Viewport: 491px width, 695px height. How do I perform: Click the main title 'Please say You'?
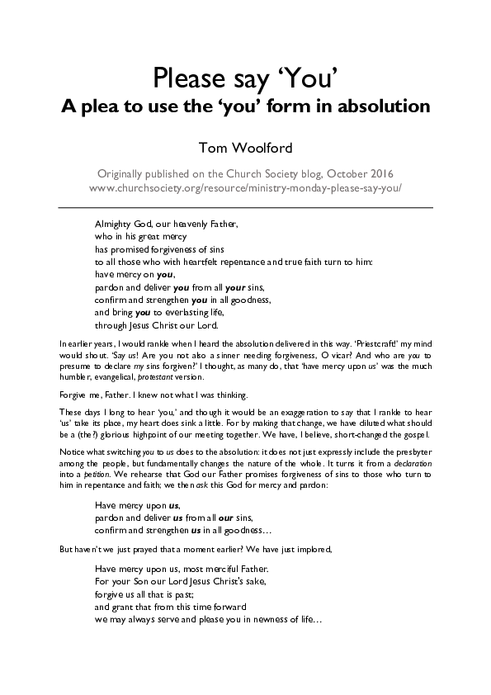(245, 79)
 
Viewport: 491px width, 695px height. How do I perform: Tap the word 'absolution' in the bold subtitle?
(384, 107)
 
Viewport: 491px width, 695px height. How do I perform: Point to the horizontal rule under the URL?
(245, 207)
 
